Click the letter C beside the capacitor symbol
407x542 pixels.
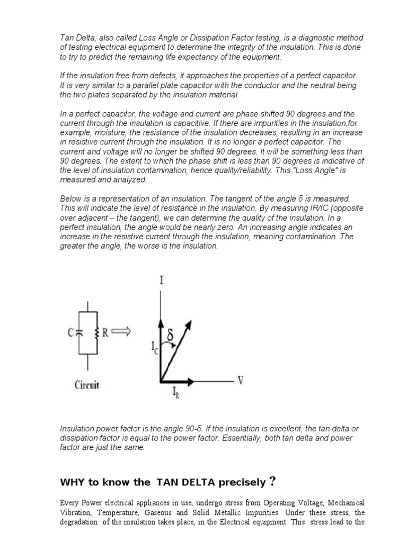70,333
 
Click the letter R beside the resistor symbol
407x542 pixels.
105,332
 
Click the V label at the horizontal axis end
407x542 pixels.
241,381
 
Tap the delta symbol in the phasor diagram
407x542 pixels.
171,336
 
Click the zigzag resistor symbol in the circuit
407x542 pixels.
96,332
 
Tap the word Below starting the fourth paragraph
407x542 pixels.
72,198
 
